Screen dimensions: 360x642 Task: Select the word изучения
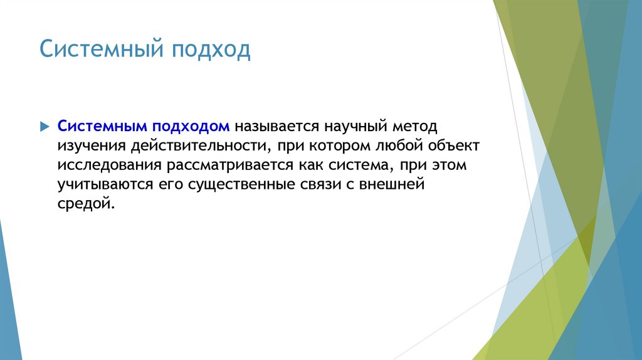pos(92,146)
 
